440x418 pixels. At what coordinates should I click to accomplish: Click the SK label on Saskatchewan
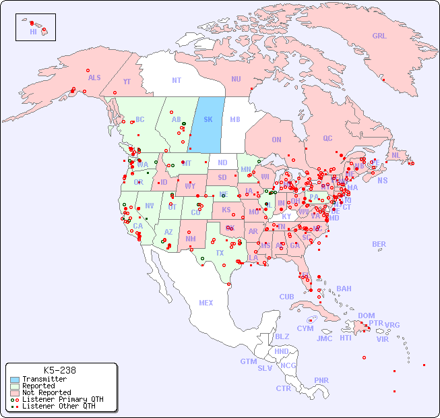208,119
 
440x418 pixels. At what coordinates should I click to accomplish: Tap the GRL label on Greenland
379,36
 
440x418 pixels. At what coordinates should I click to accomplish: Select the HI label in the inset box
33,32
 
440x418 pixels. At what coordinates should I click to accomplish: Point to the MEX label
206,303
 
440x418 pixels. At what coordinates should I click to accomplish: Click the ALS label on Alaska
94,78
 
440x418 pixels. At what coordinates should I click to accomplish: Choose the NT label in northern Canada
177,80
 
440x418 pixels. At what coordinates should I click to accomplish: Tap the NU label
236,79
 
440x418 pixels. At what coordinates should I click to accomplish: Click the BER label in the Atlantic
379,244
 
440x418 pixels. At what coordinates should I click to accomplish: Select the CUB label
287,297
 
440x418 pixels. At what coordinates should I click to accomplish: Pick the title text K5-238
59,370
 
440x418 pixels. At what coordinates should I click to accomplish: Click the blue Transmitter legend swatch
15,380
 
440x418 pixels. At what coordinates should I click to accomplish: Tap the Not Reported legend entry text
46,392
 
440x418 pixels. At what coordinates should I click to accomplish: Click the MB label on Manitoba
235,119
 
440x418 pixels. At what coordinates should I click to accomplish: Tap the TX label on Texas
220,253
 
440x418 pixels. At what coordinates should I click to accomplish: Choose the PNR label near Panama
321,380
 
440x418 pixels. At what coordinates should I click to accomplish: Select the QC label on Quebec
327,138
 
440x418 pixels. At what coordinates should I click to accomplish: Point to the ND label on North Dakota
222,162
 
